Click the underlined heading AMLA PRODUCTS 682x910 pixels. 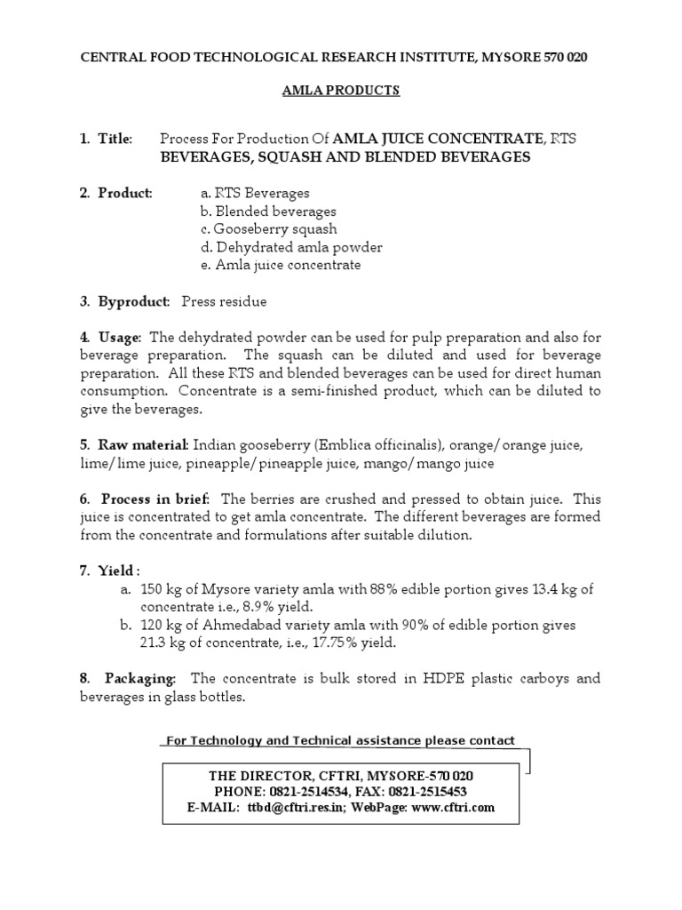click(341, 91)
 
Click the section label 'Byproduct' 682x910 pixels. click(133, 301)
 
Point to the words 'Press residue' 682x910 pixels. click(224, 301)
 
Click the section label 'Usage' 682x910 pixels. click(119, 338)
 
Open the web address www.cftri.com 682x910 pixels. click(453, 808)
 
